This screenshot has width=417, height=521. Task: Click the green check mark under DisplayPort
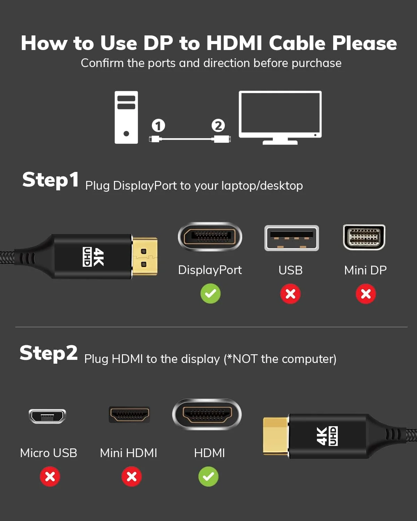211,293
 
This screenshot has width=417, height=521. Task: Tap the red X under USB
291,294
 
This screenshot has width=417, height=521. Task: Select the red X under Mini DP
366,294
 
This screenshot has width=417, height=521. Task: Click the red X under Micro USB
50,477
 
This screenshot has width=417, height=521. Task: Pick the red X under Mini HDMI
132,477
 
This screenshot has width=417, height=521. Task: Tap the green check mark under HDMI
208,477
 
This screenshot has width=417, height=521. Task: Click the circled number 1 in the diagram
158,125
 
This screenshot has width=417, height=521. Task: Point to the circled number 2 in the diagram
218,125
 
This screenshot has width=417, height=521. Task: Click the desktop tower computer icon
126,117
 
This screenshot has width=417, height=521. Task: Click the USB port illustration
292,238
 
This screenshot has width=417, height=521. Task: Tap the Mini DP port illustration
364,237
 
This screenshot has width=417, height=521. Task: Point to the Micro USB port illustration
48,416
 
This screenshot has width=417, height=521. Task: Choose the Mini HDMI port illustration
130,414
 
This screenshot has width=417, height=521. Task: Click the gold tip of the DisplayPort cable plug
145,256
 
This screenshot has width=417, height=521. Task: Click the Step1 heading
50,180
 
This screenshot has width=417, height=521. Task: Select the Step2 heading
49,353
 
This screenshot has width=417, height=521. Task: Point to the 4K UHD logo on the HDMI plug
327,436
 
